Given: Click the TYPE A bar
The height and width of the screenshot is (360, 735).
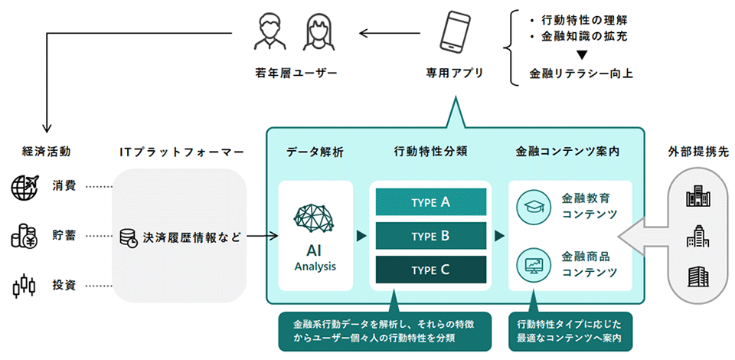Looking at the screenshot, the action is [431, 202].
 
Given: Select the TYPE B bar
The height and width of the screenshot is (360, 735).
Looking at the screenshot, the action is [431, 236].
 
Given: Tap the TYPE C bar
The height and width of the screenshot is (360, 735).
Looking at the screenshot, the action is [431, 270].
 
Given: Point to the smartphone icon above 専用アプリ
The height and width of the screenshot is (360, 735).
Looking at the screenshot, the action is [454, 31].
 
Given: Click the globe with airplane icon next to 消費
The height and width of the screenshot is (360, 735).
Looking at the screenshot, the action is [24, 187].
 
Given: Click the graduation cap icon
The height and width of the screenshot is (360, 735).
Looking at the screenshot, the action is [534, 207].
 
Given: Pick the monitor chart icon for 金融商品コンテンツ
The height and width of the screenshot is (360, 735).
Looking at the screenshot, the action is [534, 265].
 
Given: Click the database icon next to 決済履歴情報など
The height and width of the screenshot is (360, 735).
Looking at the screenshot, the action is [129, 237].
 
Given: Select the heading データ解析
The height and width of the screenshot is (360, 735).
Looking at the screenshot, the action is [315, 152].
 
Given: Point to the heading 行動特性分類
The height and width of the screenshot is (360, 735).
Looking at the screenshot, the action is [431, 152].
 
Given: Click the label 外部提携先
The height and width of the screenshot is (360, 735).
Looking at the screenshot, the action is [698, 152].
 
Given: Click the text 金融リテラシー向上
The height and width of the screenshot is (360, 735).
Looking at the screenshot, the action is [581, 74].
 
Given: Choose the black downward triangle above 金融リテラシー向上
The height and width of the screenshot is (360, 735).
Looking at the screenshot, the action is [582, 55].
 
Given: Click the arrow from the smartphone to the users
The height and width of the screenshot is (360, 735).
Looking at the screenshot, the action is [390, 33].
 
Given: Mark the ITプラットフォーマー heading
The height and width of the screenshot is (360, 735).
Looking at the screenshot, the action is [182, 152].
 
